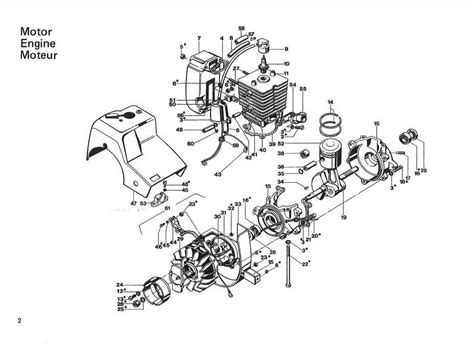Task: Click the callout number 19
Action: (343, 215)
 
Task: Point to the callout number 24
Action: (119, 283)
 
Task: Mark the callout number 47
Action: (133, 204)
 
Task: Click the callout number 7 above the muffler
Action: (199, 37)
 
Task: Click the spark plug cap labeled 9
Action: (265, 45)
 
